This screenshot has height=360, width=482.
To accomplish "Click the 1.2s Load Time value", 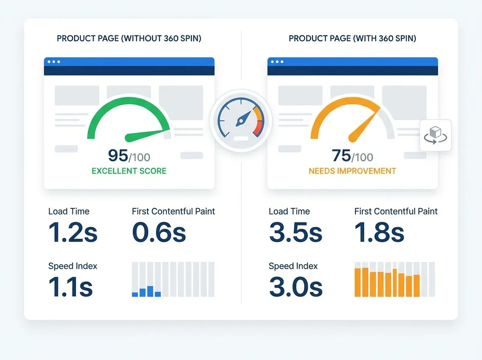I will coord(73,233).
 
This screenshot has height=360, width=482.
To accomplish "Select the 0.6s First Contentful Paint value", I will coord(159,233).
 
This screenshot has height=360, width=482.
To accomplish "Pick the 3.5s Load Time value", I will coord(295,233).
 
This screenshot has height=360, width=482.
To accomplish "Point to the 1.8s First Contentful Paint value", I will coord(379,233).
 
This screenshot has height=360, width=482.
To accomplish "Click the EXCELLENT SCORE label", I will coord(129,171).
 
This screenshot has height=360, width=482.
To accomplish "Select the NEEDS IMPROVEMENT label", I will coord(352,171).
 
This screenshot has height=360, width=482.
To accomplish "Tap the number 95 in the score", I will coord(118,155).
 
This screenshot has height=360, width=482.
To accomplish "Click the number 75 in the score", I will coord(341,155).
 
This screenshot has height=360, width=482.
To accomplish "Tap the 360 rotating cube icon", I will coord(435,135).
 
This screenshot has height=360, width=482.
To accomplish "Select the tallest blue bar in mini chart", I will coord(150,291).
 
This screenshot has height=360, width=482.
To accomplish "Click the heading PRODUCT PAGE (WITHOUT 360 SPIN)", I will coord(129,39).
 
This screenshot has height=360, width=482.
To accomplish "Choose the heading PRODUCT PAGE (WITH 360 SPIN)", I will coord(352,39).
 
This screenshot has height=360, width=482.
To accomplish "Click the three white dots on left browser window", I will coord(53,62).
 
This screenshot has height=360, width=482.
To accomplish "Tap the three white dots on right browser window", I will coord(277,62).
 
